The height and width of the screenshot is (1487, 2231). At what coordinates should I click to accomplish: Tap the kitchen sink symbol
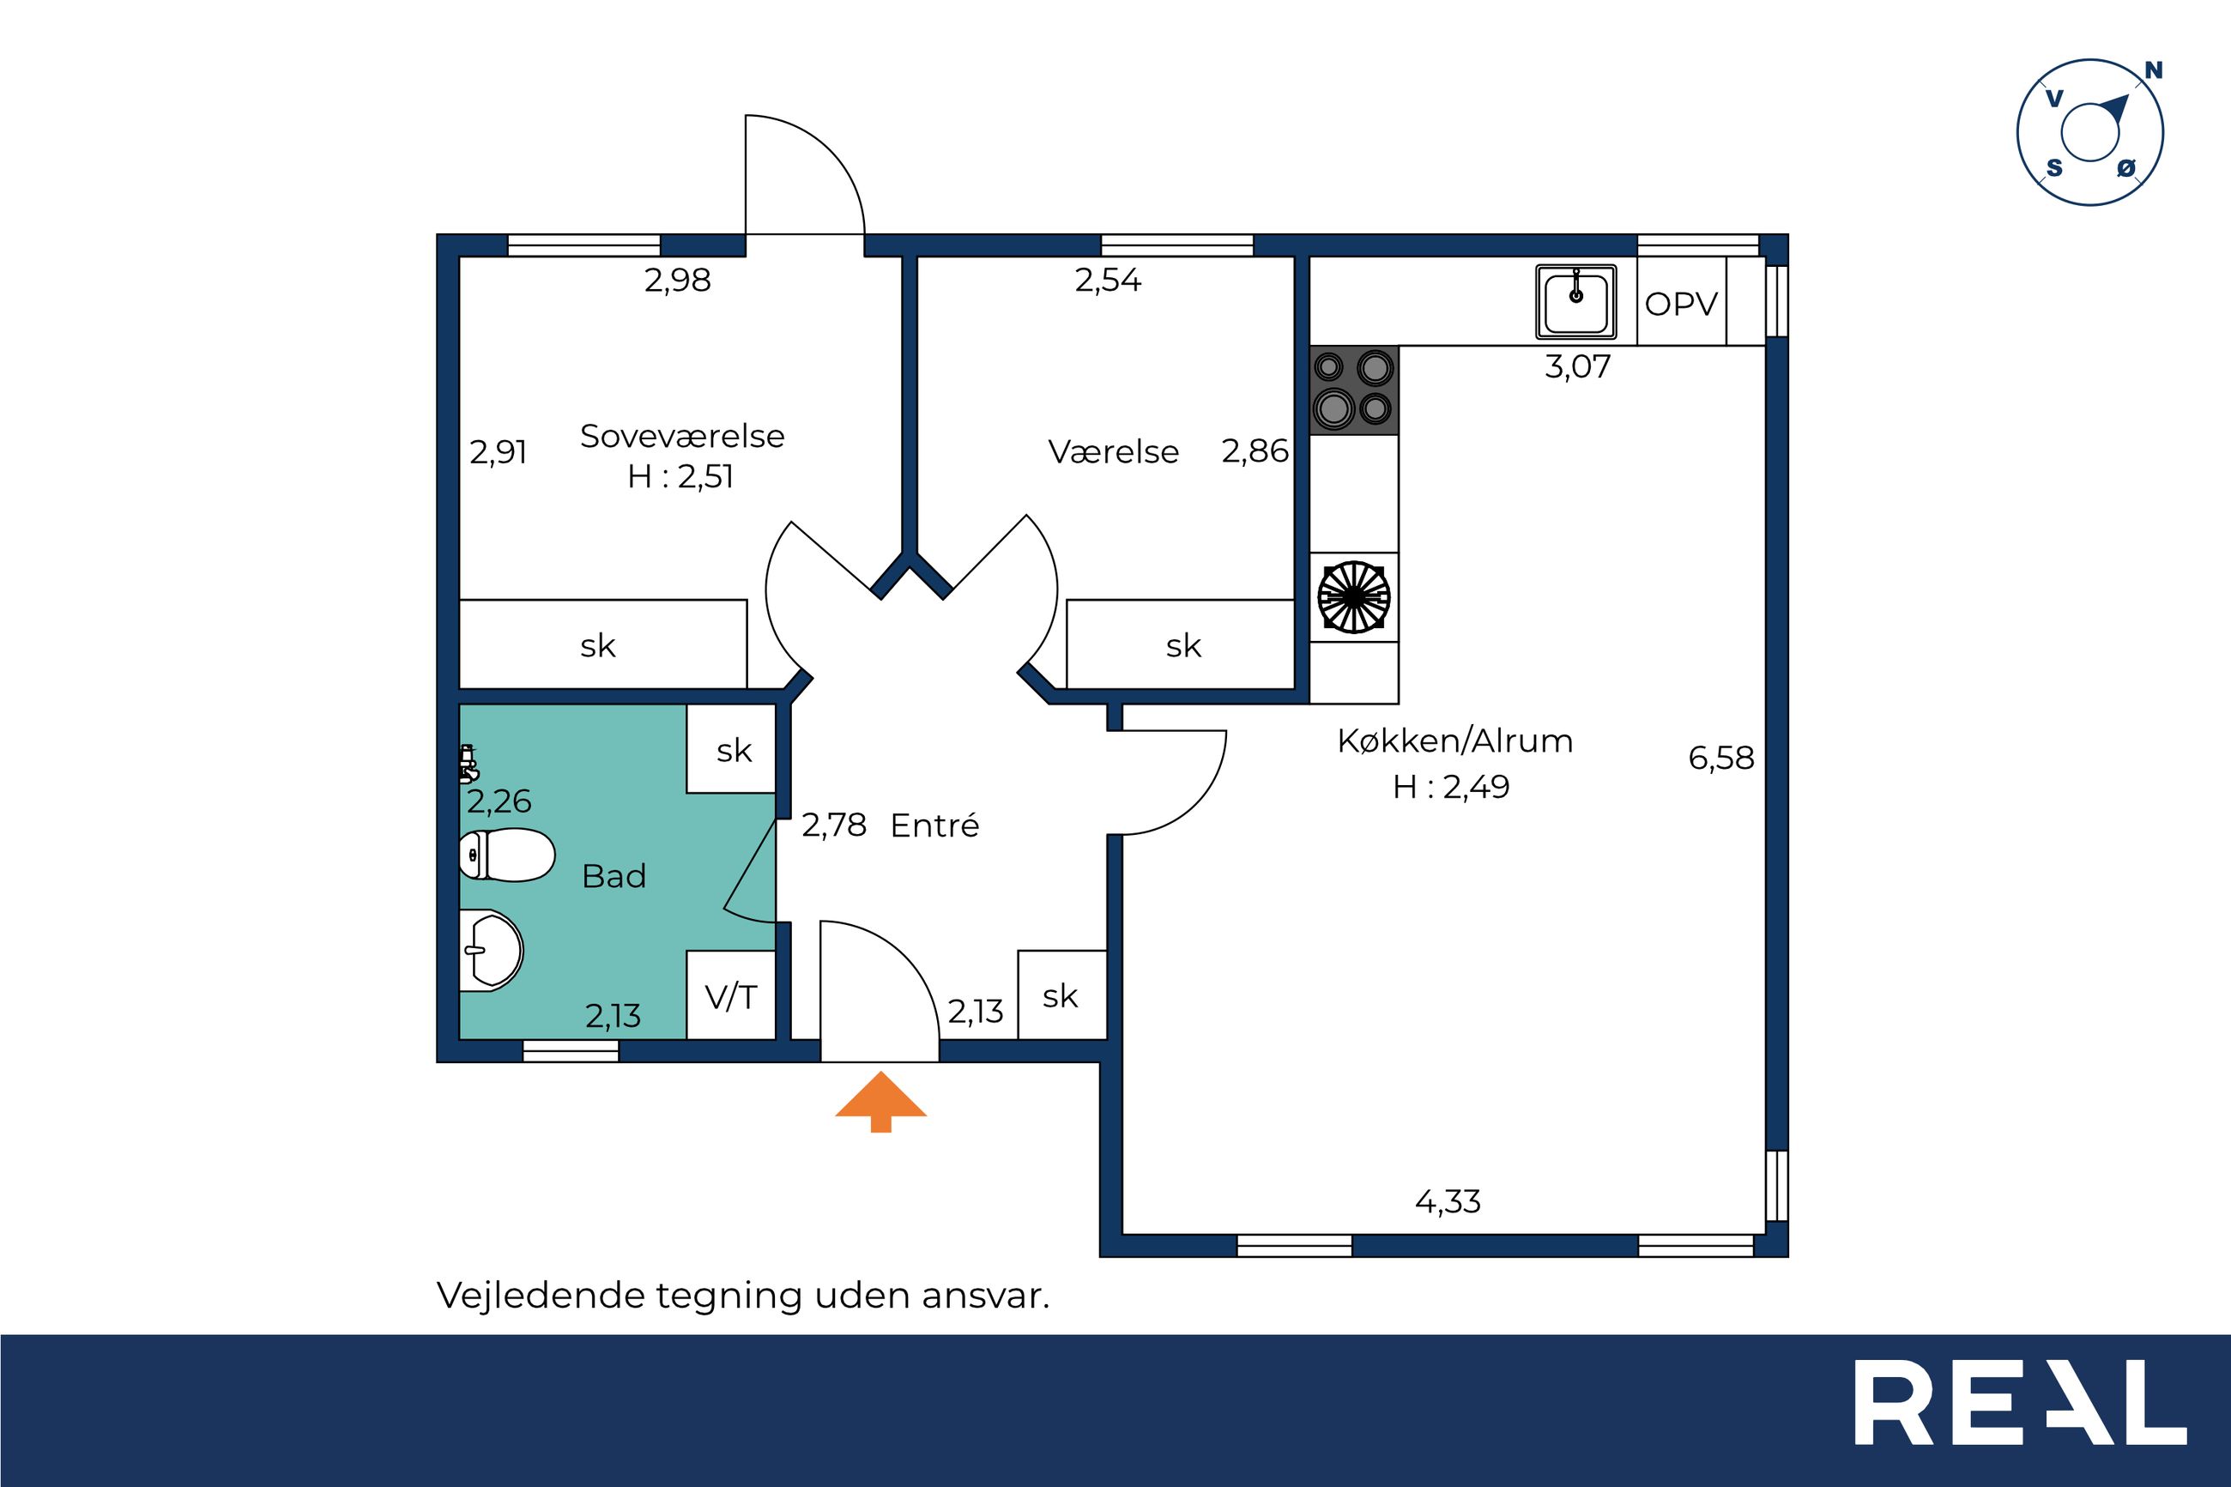click(x=1575, y=301)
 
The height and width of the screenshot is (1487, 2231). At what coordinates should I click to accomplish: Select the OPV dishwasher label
click(x=1681, y=304)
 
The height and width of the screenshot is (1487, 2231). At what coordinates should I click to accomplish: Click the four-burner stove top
click(x=1354, y=390)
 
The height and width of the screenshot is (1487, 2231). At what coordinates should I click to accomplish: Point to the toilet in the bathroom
click(x=507, y=855)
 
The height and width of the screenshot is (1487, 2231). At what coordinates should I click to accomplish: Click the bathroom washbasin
click(x=491, y=952)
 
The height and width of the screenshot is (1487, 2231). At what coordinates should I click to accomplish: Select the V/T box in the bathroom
click(x=731, y=994)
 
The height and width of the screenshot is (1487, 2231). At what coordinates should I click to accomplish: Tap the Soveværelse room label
click(x=681, y=436)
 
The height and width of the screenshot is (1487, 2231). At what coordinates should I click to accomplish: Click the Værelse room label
click(x=1113, y=451)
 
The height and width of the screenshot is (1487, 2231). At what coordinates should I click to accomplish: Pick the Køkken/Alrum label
click(x=1454, y=740)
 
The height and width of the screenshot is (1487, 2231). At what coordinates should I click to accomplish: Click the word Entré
click(x=934, y=825)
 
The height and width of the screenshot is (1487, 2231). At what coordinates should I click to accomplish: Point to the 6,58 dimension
click(x=1721, y=758)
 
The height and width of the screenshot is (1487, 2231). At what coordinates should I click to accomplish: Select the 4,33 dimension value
click(x=1447, y=1201)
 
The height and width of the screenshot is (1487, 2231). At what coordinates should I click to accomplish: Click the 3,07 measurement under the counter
click(x=1577, y=366)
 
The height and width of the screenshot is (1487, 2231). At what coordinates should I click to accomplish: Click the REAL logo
click(x=2021, y=1415)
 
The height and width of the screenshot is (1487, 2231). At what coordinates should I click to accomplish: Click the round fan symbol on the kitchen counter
click(x=1354, y=597)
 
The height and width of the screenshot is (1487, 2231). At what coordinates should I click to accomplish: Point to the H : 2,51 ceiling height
click(x=680, y=476)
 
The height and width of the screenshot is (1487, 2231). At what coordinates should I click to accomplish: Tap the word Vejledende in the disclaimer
click(x=540, y=1297)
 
